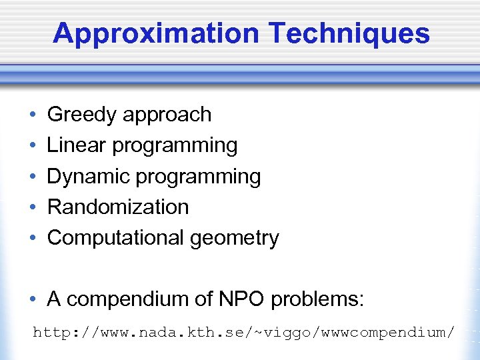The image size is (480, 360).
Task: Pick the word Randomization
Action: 118,207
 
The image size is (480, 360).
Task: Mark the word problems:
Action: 318,300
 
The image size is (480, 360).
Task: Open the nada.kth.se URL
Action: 245,331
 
